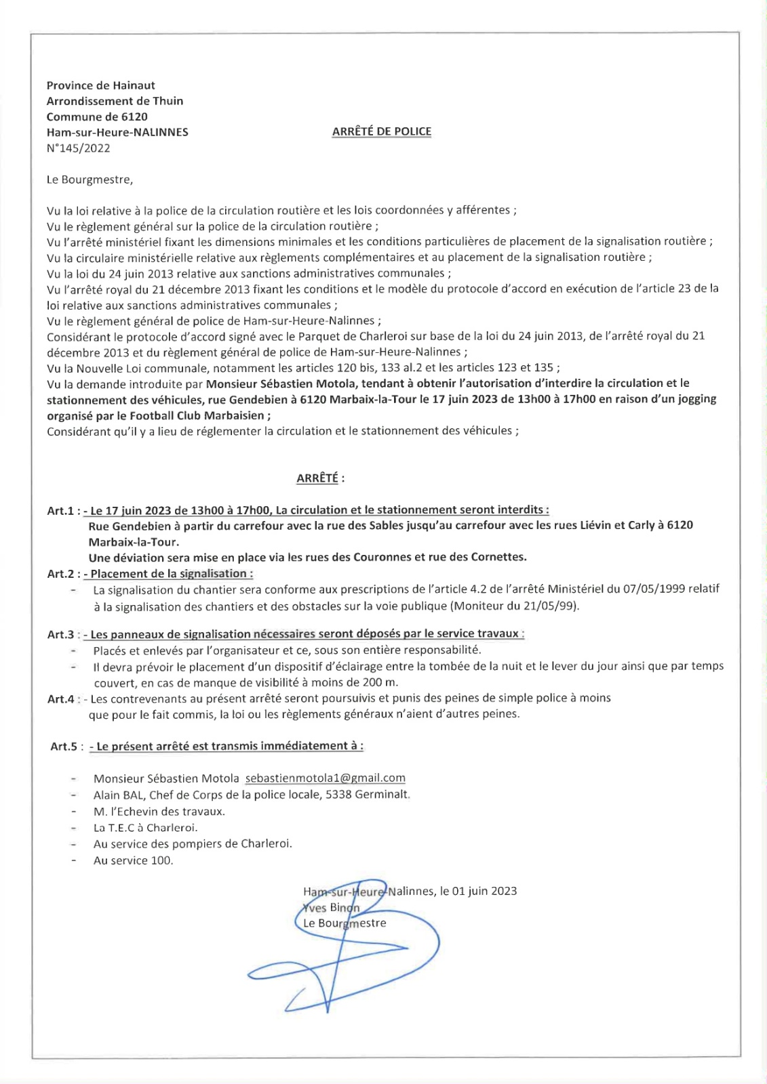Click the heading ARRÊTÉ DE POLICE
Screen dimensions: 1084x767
(381, 131)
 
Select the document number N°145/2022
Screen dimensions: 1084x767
(78, 148)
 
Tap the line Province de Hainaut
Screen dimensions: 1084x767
(100, 85)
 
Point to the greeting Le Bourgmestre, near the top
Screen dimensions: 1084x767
(90, 180)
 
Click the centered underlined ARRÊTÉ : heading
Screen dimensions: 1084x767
(320, 478)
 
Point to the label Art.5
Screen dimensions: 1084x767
(64, 747)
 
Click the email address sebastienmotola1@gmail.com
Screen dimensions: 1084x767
(326, 778)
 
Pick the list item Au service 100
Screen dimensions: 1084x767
(133, 860)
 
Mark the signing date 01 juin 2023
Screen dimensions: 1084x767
(484, 891)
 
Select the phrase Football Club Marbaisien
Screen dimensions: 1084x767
(197, 415)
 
